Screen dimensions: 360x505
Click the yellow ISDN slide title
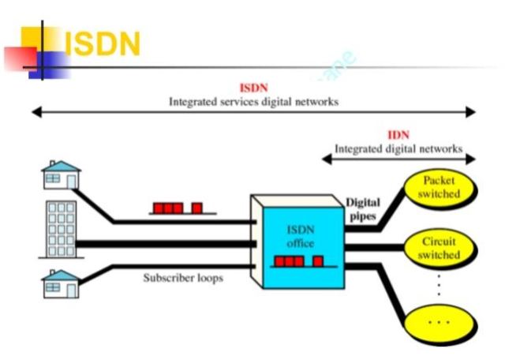[x=102, y=44]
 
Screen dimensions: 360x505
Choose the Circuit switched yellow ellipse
[x=441, y=248]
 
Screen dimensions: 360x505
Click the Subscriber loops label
[x=182, y=278]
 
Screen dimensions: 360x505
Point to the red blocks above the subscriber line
[x=178, y=208]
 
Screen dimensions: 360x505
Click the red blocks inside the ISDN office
[x=297, y=261]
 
